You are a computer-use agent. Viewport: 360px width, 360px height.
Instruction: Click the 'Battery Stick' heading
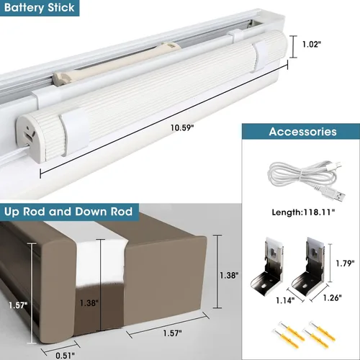39,8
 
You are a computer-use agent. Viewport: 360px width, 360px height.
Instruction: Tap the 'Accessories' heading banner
302,132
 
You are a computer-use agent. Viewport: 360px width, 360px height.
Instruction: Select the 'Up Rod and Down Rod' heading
68,212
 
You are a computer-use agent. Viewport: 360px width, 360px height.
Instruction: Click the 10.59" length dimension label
182,127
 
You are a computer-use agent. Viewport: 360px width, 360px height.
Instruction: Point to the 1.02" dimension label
312,45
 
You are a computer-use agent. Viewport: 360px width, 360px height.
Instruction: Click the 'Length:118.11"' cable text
303,212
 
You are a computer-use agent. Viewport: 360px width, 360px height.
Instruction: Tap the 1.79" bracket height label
345,264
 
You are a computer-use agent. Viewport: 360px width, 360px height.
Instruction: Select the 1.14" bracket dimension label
285,300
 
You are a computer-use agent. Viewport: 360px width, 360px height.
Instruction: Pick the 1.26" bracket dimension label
332,298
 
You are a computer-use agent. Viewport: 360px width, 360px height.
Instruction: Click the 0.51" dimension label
65,355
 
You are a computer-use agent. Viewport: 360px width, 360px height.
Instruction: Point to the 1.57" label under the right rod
172,333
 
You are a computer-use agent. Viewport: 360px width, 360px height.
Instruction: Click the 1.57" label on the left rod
18,305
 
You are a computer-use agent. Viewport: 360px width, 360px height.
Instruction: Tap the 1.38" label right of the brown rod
229,275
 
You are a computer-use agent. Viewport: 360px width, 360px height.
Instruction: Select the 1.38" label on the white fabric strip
89,303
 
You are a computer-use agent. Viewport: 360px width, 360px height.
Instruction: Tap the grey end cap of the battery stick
28,138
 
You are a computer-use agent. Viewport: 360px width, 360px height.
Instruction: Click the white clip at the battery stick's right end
261,55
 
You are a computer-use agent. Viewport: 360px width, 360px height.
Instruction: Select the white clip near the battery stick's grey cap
74,131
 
